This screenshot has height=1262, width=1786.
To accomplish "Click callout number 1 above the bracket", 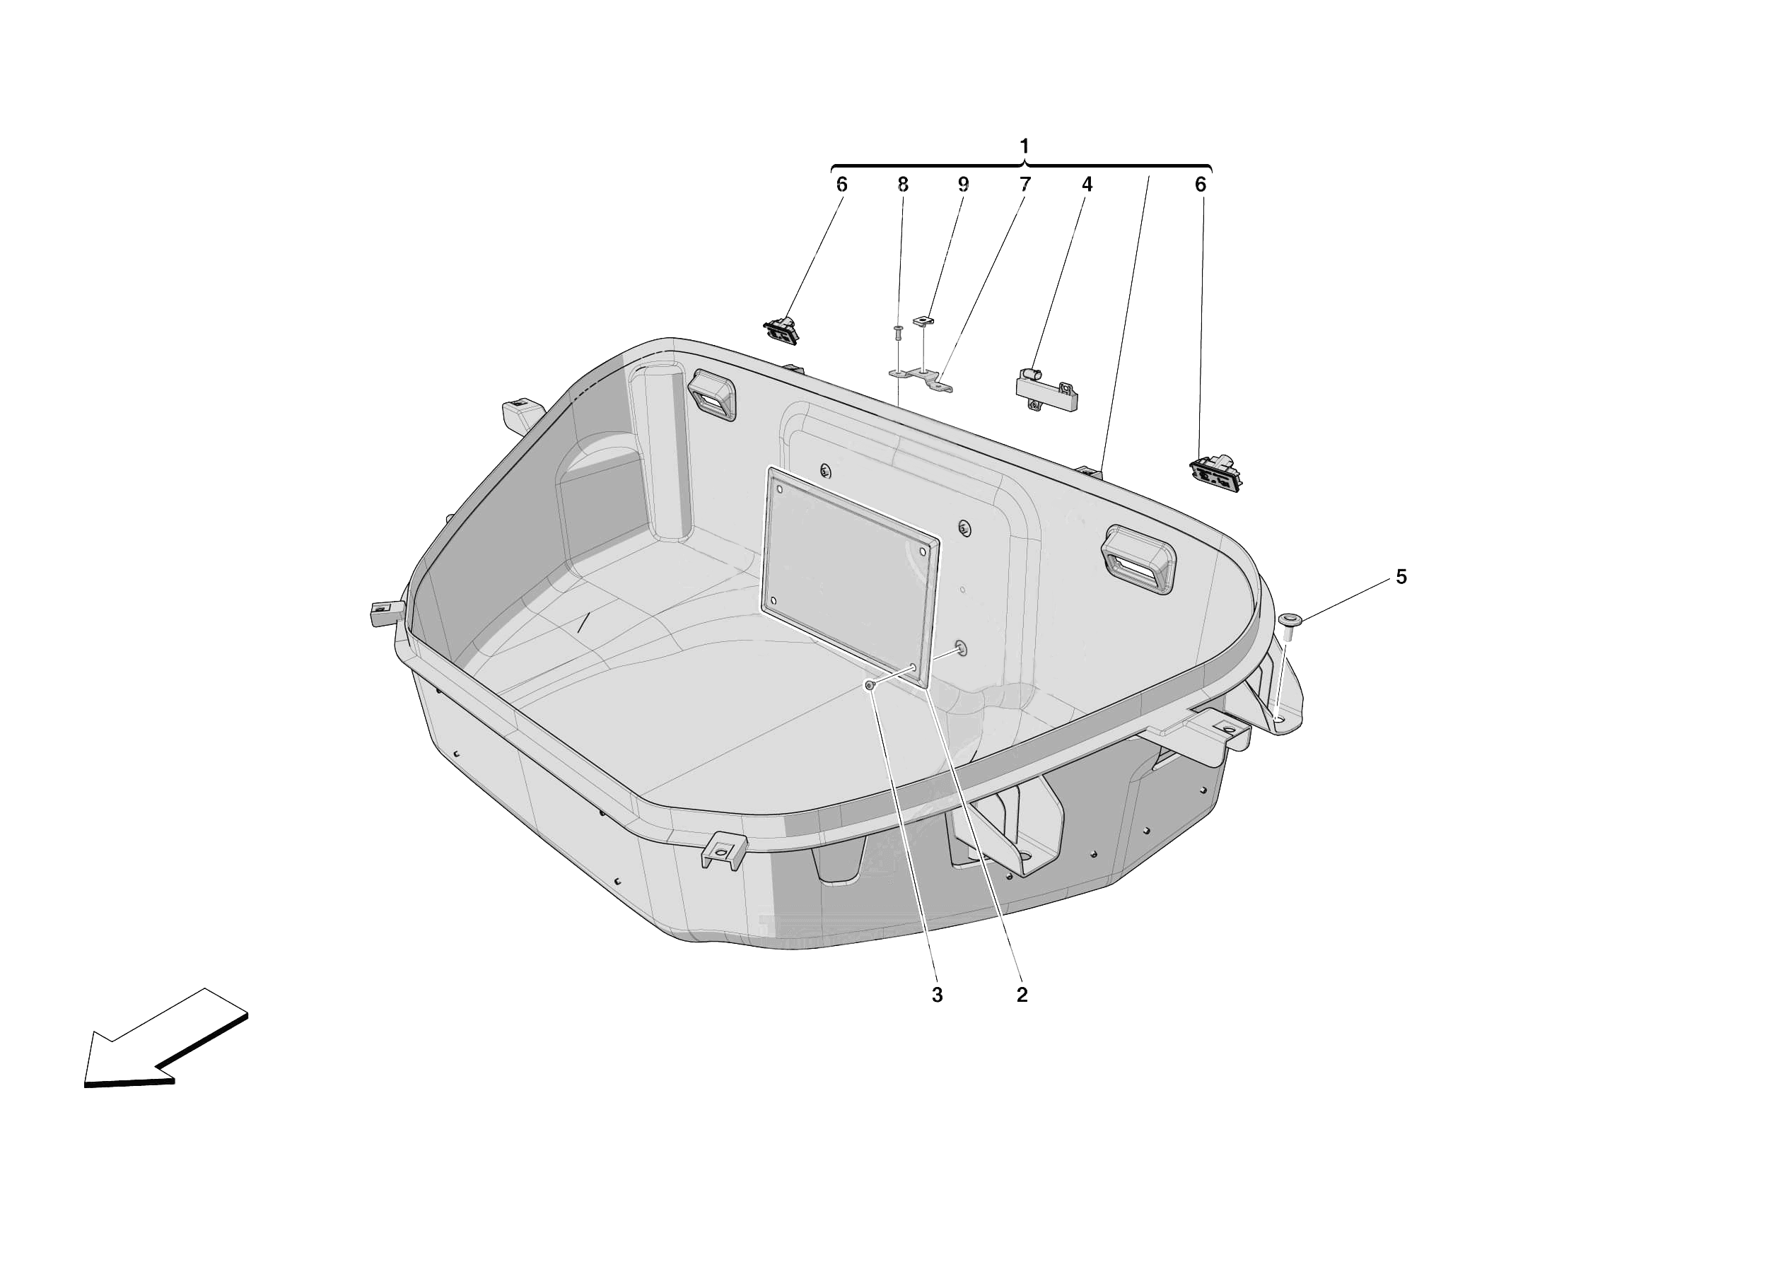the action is point(1024,146).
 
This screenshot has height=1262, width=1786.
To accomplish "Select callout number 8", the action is point(902,185).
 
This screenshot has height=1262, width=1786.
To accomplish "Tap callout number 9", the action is point(963,185).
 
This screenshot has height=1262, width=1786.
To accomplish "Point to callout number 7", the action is point(1025,185).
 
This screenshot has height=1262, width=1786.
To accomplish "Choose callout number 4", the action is point(1087,185).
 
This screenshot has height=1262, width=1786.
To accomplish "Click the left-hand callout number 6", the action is point(841,185).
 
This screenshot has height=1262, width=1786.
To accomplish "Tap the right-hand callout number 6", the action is point(1201,185).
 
